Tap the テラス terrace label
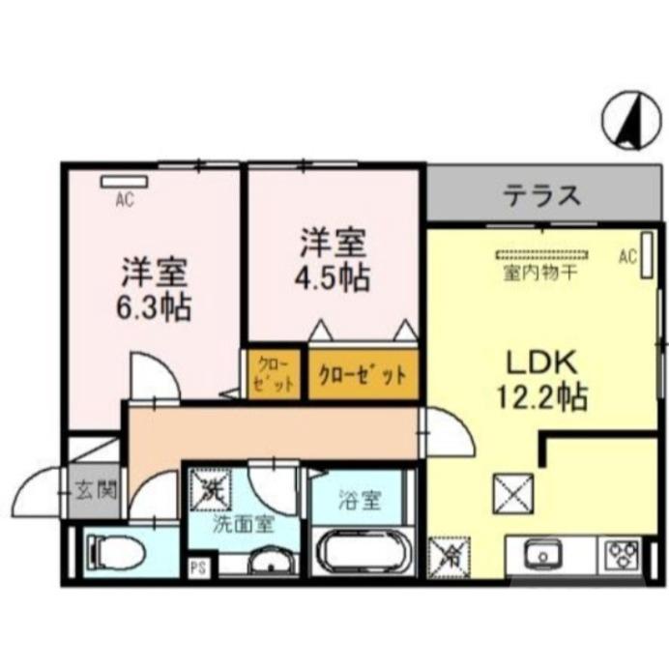coord(541,196)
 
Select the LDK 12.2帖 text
coord(543,379)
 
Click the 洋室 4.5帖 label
coord(331,259)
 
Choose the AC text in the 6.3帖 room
coord(123,201)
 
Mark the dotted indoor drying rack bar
coord(541,256)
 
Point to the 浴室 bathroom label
coord(360,502)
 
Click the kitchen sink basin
coord(542,556)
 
